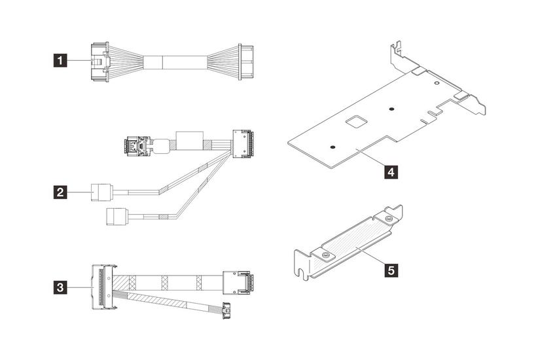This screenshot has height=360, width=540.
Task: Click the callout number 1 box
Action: [60, 61]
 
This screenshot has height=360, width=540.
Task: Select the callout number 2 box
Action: [60, 192]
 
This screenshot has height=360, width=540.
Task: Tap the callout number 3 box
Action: [60, 287]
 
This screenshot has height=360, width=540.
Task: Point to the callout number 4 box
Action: [391, 171]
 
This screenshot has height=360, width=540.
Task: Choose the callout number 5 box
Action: [391, 270]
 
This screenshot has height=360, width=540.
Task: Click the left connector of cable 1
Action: [100, 62]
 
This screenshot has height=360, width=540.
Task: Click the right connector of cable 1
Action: [246, 62]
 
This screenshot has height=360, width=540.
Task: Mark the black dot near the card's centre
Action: [391, 109]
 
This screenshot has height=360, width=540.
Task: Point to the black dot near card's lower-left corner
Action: [332, 147]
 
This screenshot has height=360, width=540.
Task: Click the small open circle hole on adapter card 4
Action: [437, 83]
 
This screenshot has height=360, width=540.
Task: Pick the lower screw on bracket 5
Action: [325, 255]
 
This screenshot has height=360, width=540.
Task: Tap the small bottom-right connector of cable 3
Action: [226, 311]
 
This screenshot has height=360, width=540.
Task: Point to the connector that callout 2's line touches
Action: [101, 192]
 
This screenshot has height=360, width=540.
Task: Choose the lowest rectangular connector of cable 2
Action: [117, 217]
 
